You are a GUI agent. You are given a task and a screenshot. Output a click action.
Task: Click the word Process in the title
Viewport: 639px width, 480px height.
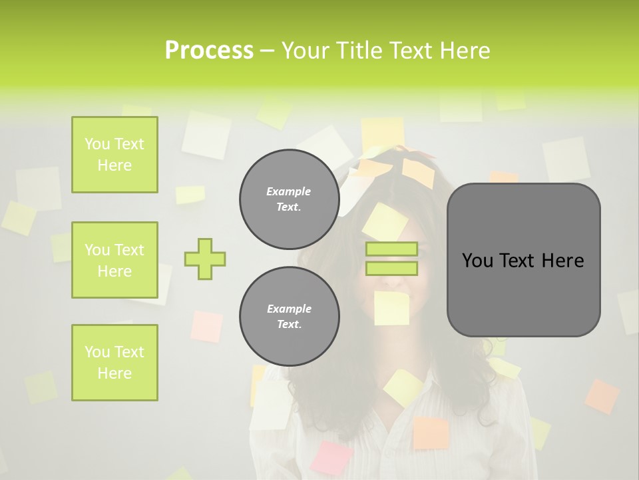(209, 51)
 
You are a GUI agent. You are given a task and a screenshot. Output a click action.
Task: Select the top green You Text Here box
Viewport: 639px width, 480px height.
(114, 155)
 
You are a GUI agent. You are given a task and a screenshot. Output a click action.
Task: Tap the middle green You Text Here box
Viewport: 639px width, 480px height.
(114, 260)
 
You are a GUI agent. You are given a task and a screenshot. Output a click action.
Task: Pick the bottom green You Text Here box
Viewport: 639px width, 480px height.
(114, 363)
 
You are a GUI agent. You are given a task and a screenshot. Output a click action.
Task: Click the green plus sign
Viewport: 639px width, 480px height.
(205, 259)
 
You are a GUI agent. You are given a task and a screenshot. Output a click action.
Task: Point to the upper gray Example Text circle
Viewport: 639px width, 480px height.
(289, 199)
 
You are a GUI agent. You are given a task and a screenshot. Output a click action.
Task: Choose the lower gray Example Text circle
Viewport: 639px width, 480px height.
(289, 316)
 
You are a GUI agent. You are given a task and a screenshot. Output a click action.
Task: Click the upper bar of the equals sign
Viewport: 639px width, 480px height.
(392, 249)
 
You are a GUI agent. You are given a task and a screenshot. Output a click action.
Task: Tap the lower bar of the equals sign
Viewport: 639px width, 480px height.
(392, 268)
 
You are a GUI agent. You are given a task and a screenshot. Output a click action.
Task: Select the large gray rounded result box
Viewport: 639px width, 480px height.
(523, 260)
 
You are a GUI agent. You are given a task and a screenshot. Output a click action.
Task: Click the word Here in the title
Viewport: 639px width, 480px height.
(465, 51)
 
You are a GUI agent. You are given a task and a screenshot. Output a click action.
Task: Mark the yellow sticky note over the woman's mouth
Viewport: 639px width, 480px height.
(391, 308)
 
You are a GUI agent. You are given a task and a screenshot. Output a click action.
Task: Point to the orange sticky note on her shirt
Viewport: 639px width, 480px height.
(431, 433)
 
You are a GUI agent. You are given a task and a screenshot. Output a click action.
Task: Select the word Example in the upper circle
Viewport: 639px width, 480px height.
(289, 191)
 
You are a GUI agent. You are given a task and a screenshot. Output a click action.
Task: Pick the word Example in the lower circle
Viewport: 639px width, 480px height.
(289, 309)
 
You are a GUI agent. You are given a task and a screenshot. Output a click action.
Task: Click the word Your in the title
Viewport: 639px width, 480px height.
(308, 51)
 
